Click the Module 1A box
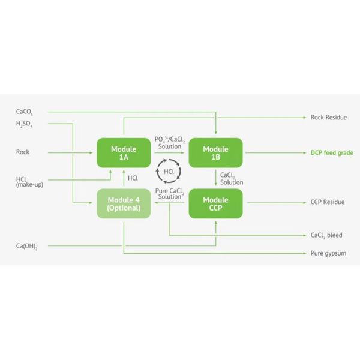tap(124, 153)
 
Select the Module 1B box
tap(215, 153)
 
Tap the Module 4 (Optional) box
tap(124, 203)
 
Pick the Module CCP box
tap(215, 203)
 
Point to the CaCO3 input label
tap(25, 112)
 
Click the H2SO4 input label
tap(25, 124)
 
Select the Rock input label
tap(23, 152)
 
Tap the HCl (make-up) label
tap(29, 182)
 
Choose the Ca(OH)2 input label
tap(27, 247)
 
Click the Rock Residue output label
tap(329, 118)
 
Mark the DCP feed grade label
tap(332, 152)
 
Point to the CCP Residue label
tap(328, 202)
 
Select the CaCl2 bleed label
tap(326, 235)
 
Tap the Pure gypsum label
tap(328, 253)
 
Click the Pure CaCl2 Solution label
tap(170, 194)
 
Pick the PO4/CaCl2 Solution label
tap(170, 143)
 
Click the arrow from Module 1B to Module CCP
tap(215, 178)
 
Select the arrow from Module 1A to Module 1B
tap(169, 152)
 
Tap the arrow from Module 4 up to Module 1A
tap(124, 178)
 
